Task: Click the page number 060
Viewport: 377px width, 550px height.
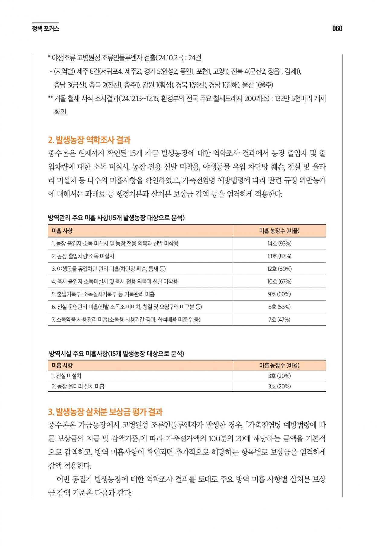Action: coord(337,29)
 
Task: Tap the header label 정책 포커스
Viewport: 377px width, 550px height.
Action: coord(46,29)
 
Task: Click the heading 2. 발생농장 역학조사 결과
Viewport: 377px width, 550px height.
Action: coord(89,140)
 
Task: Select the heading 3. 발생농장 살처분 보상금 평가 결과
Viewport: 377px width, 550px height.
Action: coord(105,412)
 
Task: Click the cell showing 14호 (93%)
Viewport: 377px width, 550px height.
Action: coord(279,244)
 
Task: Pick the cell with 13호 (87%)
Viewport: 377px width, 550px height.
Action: coord(279,256)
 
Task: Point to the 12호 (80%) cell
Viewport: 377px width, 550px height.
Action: coord(279,269)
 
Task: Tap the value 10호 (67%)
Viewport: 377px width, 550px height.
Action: coord(279,282)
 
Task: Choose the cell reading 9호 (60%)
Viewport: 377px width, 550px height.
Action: coord(279,294)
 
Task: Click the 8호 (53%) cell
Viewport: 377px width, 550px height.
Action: coord(279,307)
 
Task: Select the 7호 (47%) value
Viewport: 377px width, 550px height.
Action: coord(279,320)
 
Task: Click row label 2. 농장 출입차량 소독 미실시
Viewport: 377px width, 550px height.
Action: coord(83,256)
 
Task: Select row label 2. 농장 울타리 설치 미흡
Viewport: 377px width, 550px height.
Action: coord(78,386)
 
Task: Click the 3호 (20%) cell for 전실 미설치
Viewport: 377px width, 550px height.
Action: coord(279,376)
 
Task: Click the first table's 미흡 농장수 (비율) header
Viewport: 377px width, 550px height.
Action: coord(279,231)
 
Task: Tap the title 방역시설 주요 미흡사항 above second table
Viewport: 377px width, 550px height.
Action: coord(117,354)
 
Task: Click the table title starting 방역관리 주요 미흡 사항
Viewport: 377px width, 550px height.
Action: coord(117,218)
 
